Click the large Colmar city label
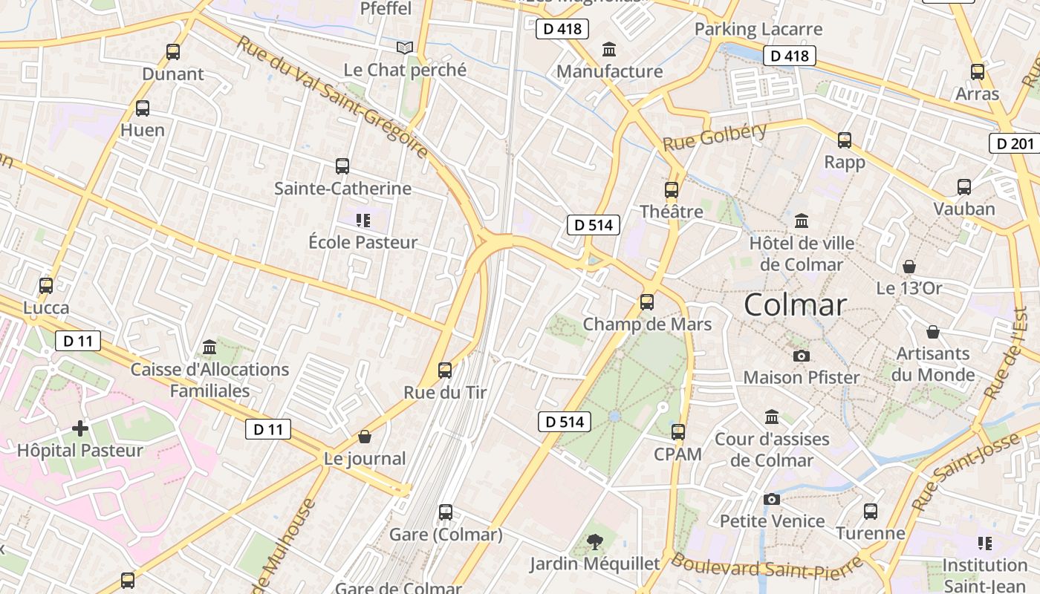click(x=795, y=305)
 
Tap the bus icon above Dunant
click(x=173, y=52)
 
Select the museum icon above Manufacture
click(x=610, y=50)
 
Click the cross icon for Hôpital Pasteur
click(x=80, y=428)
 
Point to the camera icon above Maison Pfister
click(x=801, y=356)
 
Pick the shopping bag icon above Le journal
click(x=364, y=437)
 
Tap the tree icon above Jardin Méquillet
click(x=594, y=542)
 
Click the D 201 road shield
click(x=1014, y=143)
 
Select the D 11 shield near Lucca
click(x=77, y=342)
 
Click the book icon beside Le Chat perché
click(x=404, y=48)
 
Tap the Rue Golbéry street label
click(x=715, y=136)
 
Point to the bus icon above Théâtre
click(x=672, y=190)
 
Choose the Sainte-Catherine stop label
click(x=342, y=189)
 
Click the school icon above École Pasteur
click(x=363, y=220)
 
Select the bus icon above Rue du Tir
click(x=445, y=370)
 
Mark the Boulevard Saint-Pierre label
click(x=765, y=567)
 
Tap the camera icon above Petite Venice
click(x=772, y=499)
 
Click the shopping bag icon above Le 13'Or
click(x=909, y=267)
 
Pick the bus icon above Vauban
click(x=964, y=187)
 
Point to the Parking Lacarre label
click(x=758, y=29)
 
